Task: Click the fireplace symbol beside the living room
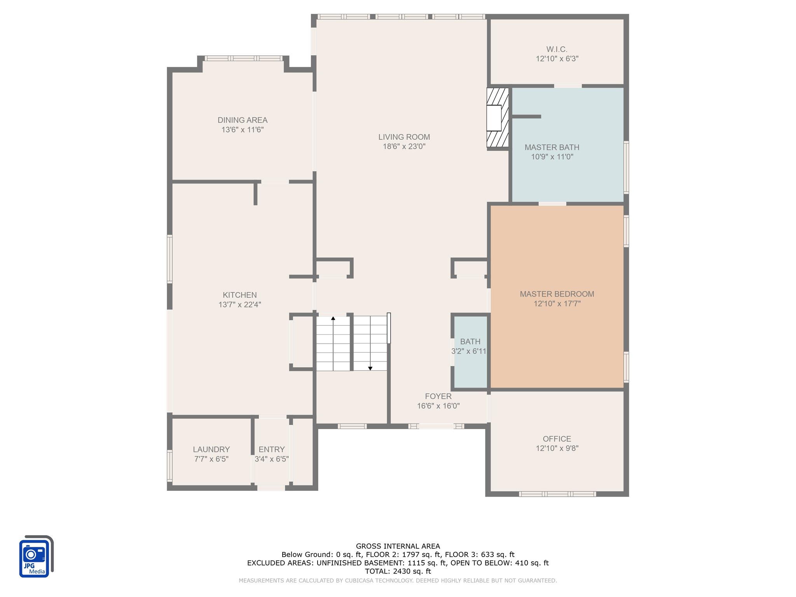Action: pyautogui.click(x=497, y=118)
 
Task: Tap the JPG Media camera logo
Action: pyautogui.click(x=35, y=557)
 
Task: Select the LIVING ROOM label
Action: pyautogui.click(x=404, y=137)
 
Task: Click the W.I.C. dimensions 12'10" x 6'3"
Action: pyautogui.click(x=557, y=59)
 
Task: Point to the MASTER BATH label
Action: pyautogui.click(x=552, y=147)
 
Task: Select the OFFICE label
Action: pyautogui.click(x=557, y=439)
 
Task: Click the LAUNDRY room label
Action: pyautogui.click(x=211, y=449)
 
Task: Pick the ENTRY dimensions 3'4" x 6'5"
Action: pyautogui.click(x=271, y=459)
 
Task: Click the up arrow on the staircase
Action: pyautogui.click(x=333, y=319)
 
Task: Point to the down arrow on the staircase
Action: pyautogui.click(x=370, y=368)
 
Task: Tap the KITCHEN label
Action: pyautogui.click(x=239, y=295)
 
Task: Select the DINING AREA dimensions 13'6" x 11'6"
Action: pyautogui.click(x=242, y=130)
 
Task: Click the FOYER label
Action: pyautogui.click(x=438, y=396)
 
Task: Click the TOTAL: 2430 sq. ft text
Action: pyautogui.click(x=398, y=571)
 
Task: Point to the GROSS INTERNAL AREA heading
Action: pyautogui.click(x=398, y=546)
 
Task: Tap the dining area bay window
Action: pyautogui.click(x=243, y=58)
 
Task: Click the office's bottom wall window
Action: pyautogui.click(x=557, y=494)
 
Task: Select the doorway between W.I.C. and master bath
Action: pyautogui.click(x=567, y=86)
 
